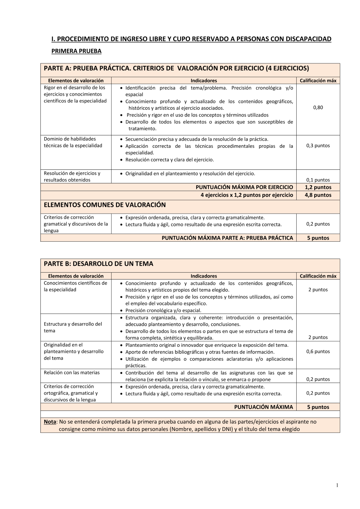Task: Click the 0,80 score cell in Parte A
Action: point(318,108)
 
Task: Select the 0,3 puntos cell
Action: point(318,146)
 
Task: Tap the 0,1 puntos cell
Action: point(318,180)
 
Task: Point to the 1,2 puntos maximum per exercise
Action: point(318,187)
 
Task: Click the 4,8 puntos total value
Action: point(318,195)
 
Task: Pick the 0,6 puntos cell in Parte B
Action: point(318,351)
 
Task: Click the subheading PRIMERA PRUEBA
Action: point(76,51)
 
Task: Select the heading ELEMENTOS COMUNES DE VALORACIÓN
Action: point(105,205)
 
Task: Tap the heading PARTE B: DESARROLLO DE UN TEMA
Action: point(98,264)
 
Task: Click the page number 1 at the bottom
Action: point(337,485)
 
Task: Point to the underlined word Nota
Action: point(50,422)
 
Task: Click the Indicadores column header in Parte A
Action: point(204,81)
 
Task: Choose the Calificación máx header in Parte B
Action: point(318,276)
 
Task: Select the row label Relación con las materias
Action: point(72,373)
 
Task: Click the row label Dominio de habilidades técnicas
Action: point(73,142)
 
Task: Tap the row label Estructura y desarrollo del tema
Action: point(73,327)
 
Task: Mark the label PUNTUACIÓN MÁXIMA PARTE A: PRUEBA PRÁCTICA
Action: point(227,238)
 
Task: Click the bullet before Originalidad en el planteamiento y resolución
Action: point(122,174)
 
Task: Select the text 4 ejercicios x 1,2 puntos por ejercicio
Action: point(247,195)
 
